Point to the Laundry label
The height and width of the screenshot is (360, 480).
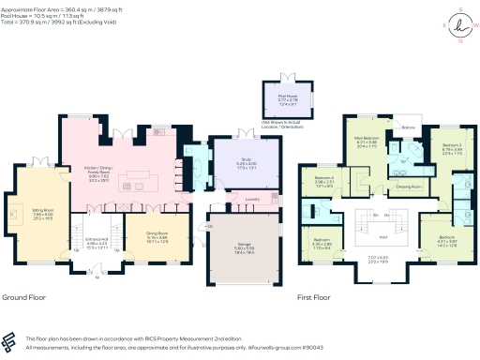[251, 199]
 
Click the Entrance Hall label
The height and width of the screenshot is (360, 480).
[97, 245]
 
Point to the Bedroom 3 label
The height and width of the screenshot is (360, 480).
[452, 146]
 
